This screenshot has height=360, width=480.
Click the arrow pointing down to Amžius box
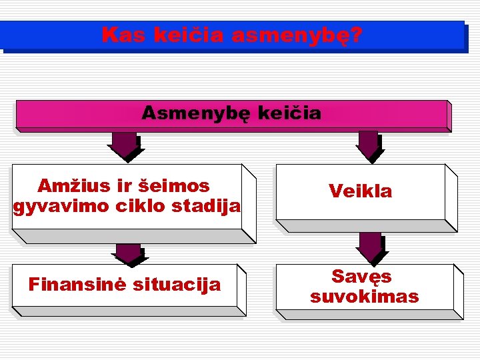(125, 146)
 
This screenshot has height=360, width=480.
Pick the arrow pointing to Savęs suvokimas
(371, 247)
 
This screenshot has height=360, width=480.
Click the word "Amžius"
(69, 185)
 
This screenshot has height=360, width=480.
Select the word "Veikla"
(361, 192)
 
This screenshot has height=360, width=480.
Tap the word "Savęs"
(361, 277)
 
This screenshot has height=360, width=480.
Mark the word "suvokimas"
(365, 297)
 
